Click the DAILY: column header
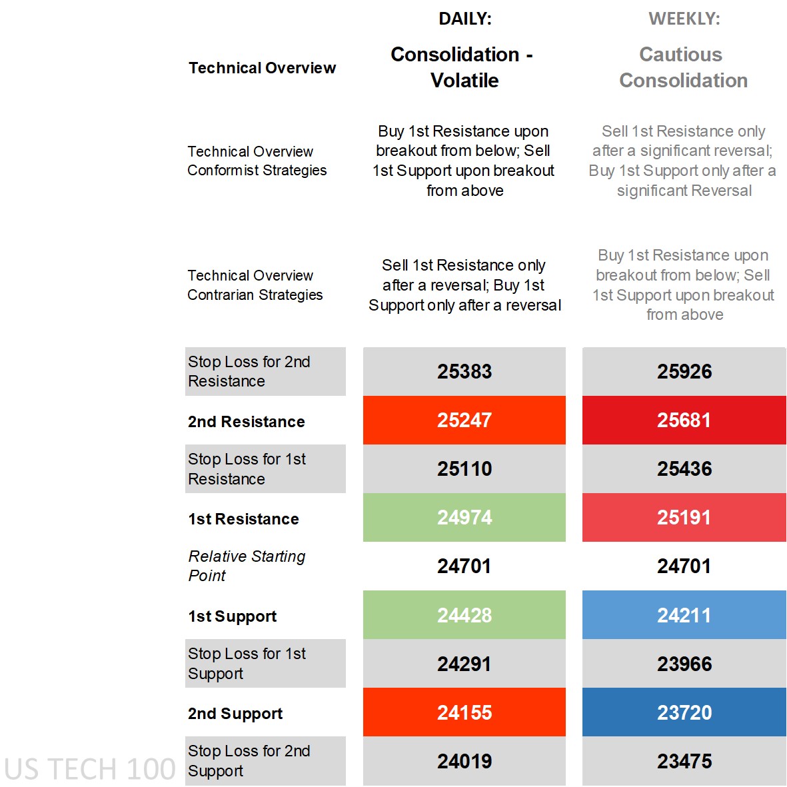(x=464, y=19)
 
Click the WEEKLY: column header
(x=684, y=19)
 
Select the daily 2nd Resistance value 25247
(x=464, y=420)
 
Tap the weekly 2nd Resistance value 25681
(x=684, y=420)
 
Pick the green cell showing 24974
(x=464, y=518)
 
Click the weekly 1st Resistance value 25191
(x=684, y=518)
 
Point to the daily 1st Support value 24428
(x=464, y=615)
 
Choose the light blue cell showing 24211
(x=684, y=615)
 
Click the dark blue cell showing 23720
(x=684, y=712)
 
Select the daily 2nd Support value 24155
(x=464, y=712)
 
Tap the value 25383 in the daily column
(x=464, y=371)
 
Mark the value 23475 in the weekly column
(x=684, y=761)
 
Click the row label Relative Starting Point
(x=247, y=566)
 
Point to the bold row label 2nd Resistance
(x=247, y=422)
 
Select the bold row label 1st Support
(x=232, y=616)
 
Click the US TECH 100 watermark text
(x=89, y=769)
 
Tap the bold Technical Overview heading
(x=262, y=68)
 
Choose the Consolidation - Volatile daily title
(x=462, y=67)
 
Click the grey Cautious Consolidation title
(x=682, y=67)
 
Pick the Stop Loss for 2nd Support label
(x=249, y=760)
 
